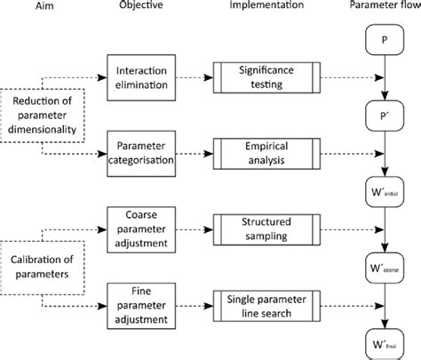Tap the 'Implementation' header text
(x=263, y=9)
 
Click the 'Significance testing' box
(x=263, y=76)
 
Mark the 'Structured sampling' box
(x=263, y=226)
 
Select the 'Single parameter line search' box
(x=263, y=299)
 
